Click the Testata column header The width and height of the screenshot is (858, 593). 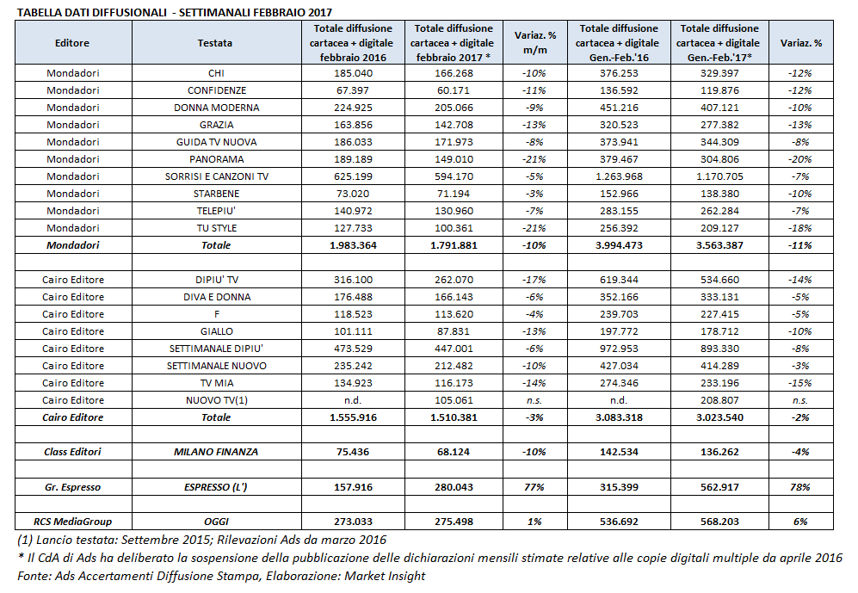(214, 41)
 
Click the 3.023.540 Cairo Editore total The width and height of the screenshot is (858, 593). (718, 417)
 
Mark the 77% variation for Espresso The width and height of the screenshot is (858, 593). (534, 487)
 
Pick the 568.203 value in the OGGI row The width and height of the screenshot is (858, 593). (718, 521)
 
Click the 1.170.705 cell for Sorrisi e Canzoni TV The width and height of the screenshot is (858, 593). (718, 176)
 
